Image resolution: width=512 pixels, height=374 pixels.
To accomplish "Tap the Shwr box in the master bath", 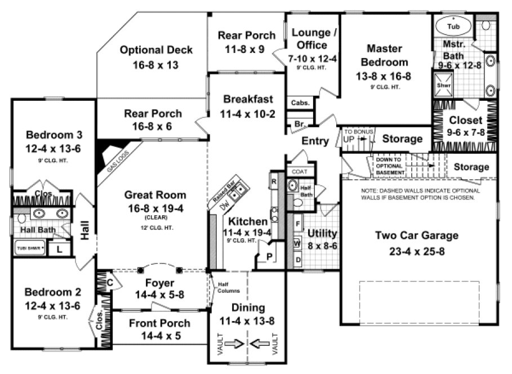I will pos(442,86).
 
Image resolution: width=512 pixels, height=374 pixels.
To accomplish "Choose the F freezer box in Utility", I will pos(297,224).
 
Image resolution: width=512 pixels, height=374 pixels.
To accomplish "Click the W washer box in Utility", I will pos(297,243).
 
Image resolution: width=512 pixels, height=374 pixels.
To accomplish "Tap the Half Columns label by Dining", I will pos(228,287).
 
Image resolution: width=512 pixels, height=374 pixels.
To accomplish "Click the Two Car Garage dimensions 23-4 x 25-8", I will pos(417,251).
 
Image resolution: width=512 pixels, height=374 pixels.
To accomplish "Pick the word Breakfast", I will pos(248,99).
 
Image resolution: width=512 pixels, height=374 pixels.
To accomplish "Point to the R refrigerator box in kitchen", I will pos(274,182).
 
